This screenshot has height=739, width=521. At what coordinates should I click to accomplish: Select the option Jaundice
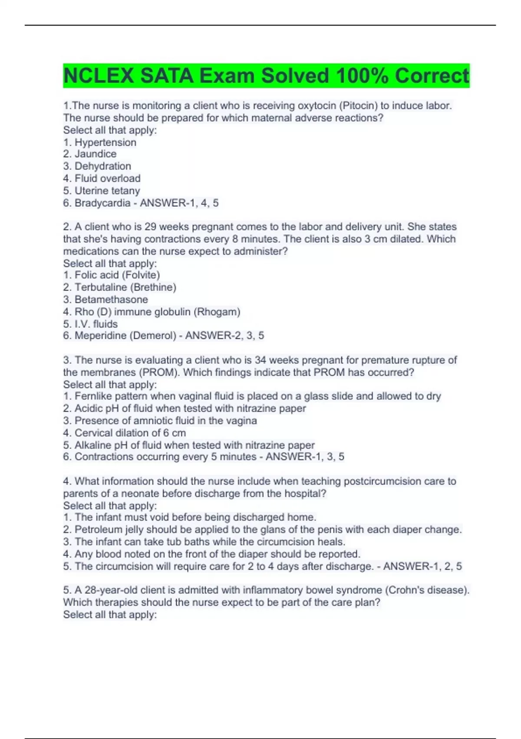[95, 154]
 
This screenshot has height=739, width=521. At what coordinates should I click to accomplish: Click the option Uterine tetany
[107, 191]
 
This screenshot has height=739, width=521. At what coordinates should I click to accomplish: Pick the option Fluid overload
[107, 178]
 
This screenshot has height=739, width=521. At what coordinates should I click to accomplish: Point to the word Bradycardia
[102, 203]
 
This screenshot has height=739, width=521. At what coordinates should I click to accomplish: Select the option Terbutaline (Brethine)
[125, 287]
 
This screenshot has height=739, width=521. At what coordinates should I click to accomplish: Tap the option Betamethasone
[111, 300]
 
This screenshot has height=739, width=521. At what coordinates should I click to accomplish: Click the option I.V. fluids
[96, 324]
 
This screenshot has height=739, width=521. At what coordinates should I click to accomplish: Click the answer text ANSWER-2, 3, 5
[224, 336]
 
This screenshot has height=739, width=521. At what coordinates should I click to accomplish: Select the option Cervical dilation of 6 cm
[130, 433]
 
